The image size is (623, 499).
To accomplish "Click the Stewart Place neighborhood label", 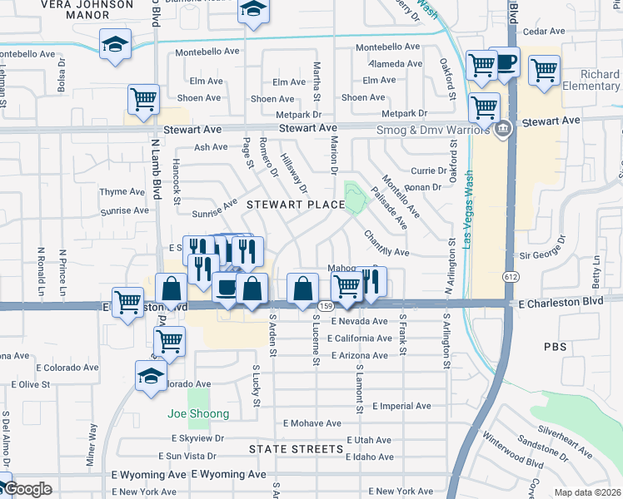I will [295, 204].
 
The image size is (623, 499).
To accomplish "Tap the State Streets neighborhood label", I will [296, 449].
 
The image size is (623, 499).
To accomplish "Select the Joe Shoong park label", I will [197, 413].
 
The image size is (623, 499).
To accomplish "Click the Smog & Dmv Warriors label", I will [441, 131].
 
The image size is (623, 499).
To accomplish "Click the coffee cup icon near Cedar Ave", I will [504, 62].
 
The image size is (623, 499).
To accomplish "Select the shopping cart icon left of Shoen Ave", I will [143, 100].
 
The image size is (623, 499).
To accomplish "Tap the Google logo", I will [27, 489].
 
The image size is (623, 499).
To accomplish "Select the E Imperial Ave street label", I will [401, 406].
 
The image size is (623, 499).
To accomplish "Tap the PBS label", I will [555, 345].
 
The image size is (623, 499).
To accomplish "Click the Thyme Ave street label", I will [122, 191].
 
